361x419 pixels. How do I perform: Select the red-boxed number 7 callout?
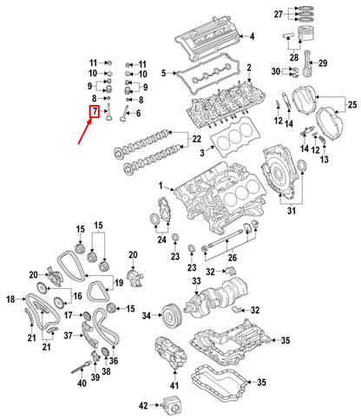[x=93, y=112]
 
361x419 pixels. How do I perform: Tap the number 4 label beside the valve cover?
[x=252, y=36]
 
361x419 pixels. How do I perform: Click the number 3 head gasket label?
[x=202, y=154]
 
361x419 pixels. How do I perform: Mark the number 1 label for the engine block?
[x=159, y=187]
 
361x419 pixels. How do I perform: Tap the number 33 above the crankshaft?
[x=196, y=282]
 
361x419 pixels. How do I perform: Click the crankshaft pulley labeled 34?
[x=168, y=314]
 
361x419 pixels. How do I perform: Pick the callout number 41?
[x=174, y=384]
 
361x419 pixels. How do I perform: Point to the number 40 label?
[x=82, y=383]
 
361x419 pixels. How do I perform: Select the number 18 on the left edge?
[x=11, y=299]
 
